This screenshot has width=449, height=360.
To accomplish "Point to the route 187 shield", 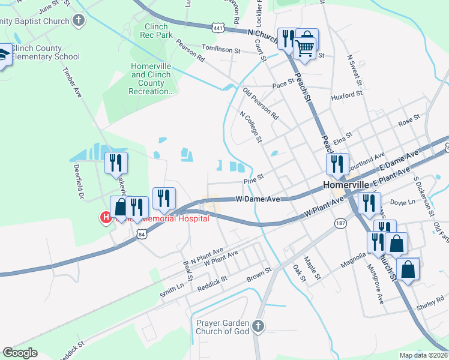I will pos(340,223).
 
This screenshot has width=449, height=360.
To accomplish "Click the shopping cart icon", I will pos(305,47).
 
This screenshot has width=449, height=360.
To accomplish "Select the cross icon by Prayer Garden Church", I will pos(258,326).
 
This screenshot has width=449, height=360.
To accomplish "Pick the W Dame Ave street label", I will pos(258,199).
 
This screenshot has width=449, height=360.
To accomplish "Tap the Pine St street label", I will pos(254,181).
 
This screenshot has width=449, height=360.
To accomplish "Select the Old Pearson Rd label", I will pos(261,103).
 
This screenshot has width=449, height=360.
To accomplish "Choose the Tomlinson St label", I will pos(220,51).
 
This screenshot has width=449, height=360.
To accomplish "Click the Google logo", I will pos(20,353).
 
